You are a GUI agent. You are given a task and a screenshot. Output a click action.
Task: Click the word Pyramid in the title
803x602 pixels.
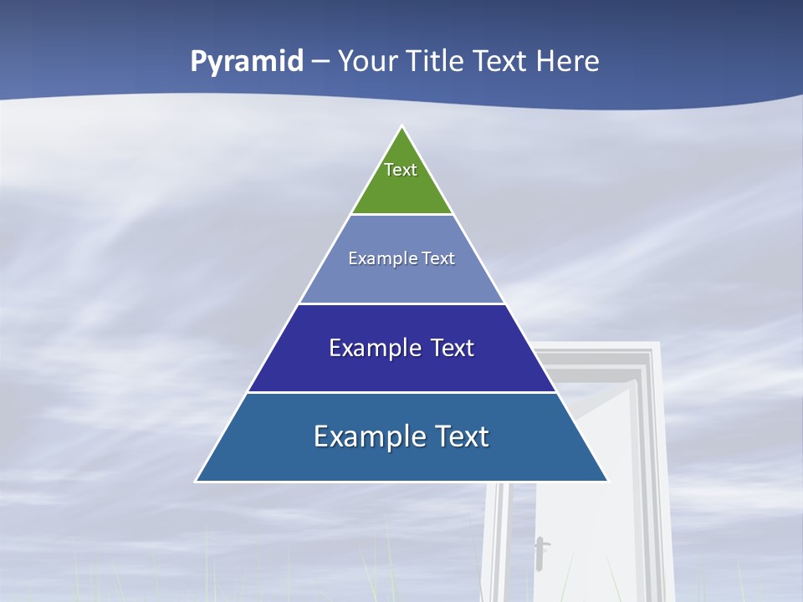247,62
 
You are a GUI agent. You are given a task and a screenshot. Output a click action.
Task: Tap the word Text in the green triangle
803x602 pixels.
401,170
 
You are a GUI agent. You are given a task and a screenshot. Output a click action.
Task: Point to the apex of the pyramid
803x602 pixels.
402,128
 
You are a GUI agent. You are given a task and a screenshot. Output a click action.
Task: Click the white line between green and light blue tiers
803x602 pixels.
401,215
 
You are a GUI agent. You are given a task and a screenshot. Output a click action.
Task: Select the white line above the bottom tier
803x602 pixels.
401,392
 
